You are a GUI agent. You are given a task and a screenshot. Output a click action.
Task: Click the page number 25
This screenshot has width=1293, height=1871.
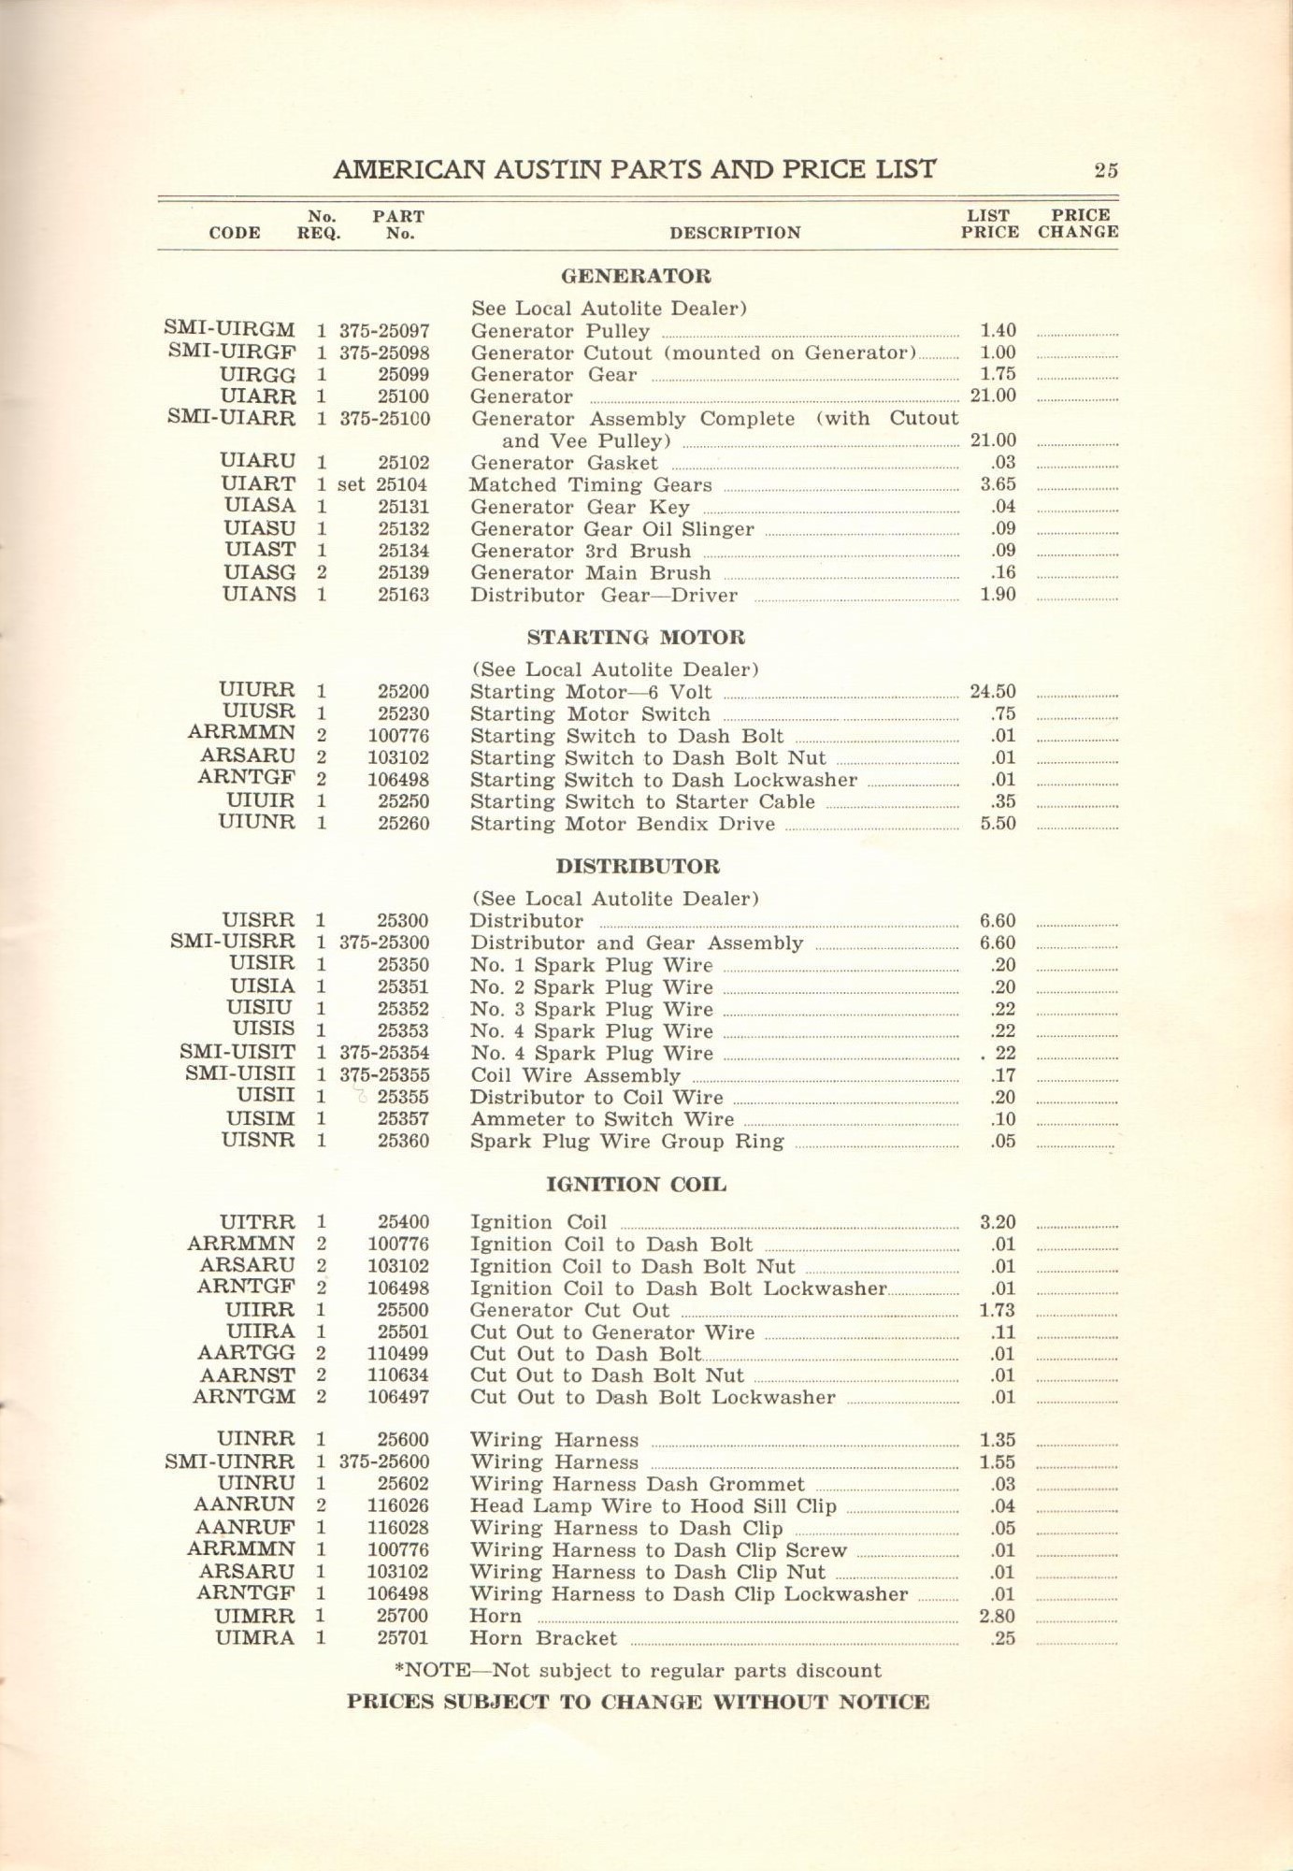point(1106,170)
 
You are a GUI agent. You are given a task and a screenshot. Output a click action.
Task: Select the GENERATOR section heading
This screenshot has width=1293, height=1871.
point(636,276)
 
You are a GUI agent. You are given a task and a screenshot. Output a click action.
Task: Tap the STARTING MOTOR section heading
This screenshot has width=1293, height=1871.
point(636,638)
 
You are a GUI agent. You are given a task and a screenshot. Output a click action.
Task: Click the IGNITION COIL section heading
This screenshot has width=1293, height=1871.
point(636,1185)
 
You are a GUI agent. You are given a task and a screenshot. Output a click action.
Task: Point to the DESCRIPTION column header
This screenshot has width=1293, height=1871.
point(735,233)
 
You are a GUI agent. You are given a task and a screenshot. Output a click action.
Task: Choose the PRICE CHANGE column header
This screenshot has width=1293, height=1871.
point(1078,223)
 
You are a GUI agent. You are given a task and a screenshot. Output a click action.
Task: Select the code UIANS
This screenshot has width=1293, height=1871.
point(259,595)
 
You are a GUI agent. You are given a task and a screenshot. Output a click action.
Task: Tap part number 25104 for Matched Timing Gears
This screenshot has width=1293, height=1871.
point(403,484)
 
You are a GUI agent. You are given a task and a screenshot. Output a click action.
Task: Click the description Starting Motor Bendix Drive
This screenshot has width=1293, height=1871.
point(623,824)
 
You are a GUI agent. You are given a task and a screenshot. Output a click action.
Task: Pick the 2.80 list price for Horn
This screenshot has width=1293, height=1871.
point(997,1616)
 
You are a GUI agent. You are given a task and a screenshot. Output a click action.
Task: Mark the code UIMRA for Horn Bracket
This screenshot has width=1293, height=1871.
point(254,1637)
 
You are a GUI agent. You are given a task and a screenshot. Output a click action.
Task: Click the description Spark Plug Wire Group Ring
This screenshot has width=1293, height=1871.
point(626,1141)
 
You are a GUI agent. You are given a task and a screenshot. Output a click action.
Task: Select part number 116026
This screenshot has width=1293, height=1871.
point(398,1505)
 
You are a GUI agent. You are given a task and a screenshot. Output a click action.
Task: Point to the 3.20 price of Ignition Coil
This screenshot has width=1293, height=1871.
point(997,1222)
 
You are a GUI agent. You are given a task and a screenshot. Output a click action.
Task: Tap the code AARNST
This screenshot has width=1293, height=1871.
point(247,1375)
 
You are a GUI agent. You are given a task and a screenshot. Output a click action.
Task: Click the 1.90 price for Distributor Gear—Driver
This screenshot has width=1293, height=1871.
point(997,595)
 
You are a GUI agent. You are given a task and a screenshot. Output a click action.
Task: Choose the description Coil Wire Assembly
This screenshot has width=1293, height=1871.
point(576,1075)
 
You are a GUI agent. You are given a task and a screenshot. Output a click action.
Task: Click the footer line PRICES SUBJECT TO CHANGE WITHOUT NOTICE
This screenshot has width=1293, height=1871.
point(638,1702)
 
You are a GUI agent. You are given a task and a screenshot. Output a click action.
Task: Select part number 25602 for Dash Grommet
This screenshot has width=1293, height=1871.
point(403,1484)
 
